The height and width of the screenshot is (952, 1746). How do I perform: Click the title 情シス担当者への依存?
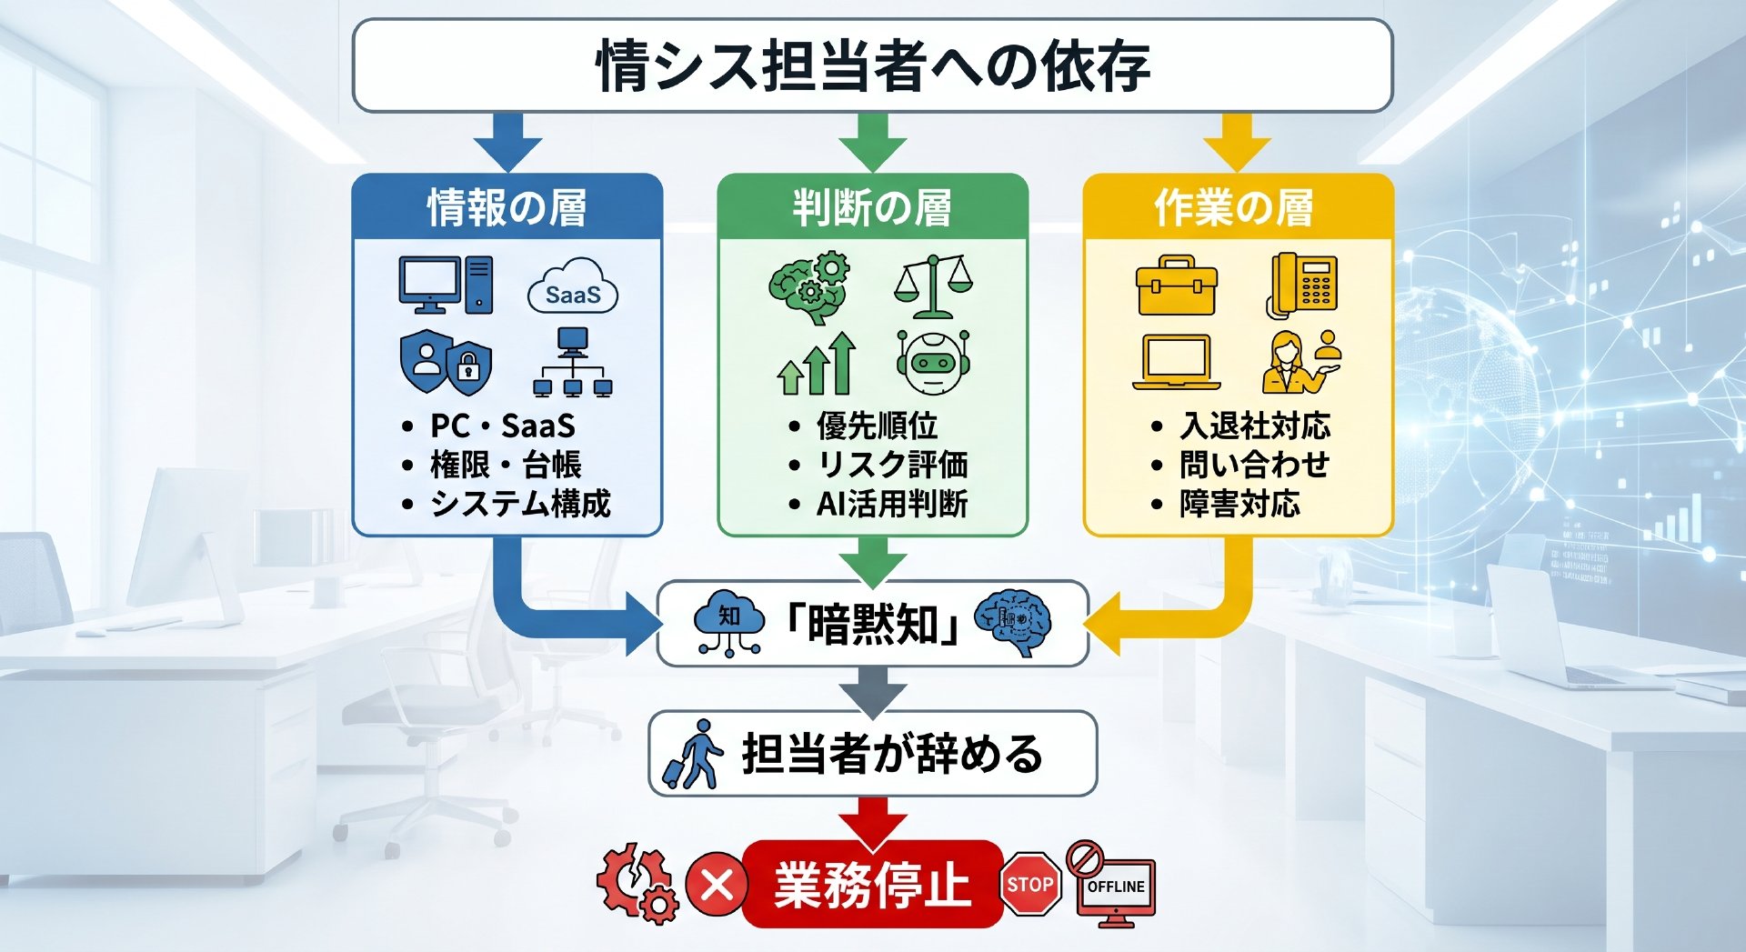point(873,66)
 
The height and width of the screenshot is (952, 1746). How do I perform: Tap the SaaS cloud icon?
point(573,287)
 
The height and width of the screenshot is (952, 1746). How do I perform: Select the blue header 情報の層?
point(507,207)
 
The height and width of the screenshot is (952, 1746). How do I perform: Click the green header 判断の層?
point(872,207)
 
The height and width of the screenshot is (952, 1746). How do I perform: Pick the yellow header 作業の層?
point(1234,207)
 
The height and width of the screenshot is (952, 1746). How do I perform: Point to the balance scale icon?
point(933,286)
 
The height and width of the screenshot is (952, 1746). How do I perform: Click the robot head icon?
point(933,362)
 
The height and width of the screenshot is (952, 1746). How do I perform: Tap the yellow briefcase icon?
point(1177,285)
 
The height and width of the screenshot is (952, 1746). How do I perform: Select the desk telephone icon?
point(1302,286)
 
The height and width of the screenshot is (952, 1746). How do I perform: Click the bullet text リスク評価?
point(892,464)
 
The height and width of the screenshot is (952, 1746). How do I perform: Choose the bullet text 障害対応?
point(1240,503)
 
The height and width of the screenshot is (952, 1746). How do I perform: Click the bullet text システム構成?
point(520,503)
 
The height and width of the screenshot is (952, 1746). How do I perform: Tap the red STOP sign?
point(1030,884)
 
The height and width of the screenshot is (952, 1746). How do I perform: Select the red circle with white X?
point(717,884)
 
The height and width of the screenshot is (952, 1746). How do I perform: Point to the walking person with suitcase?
point(693,754)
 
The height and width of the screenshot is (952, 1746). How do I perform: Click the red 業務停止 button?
point(873,884)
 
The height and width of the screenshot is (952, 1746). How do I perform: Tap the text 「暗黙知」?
point(872,624)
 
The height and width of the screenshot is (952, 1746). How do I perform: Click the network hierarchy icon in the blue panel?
point(572,362)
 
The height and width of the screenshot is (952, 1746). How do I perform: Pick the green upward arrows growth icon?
point(818,363)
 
